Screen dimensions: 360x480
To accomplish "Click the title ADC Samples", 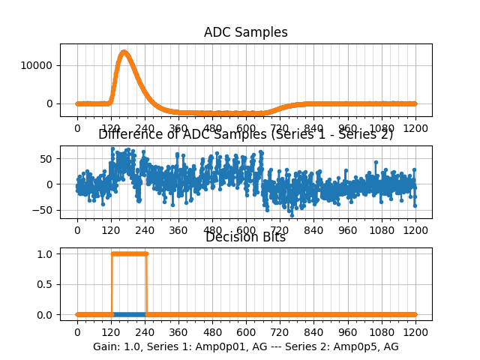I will pyautogui.click(x=245, y=32).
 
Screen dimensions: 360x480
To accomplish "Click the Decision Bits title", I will pyautogui.click(x=245, y=237).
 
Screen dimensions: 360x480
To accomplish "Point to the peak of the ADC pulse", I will pyautogui.click(x=124, y=52).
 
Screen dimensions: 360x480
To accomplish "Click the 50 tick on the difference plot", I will pyautogui.click(x=46, y=158).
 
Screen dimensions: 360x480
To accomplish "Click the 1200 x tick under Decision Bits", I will pyautogui.click(x=415, y=332).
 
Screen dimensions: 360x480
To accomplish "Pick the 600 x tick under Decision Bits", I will pyautogui.click(x=246, y=332).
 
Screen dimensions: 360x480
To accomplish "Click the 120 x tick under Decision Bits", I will pyautogui.click(x=111, y=332).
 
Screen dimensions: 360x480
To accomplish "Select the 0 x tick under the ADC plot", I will pyautogui.click(x=76, y=128).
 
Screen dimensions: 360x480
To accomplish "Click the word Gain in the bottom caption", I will pyautogui.click(x=106, y=346).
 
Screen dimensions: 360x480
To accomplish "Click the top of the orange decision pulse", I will pyautogui.click(x=128, y=253).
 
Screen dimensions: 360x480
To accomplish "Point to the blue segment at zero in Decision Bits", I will pyautogui.click(x=128, y=314).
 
